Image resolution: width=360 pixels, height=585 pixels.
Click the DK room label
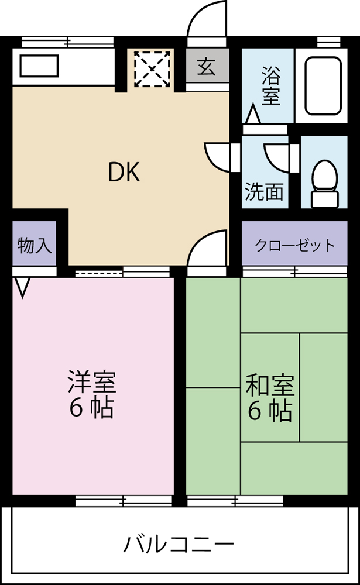coord(124,172)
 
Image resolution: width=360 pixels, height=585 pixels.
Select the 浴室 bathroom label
coord(270,87)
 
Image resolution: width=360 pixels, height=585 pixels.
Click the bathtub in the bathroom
coord(324,85)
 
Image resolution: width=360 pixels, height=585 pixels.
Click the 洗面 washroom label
coord(264,192)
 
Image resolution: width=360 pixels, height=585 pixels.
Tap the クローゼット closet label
coord(294,245)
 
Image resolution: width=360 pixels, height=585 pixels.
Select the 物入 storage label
coord(35,245)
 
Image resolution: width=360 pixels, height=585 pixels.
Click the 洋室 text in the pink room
coord(92,382)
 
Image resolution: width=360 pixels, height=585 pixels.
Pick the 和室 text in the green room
coord(270,386)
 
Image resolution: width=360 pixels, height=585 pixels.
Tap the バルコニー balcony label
coord(179,545)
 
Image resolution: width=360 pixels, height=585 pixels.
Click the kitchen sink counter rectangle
coord(39,66)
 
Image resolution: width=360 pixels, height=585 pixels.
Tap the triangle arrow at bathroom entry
coord(253,115)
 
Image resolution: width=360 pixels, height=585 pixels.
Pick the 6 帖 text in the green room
coord(270,412)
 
